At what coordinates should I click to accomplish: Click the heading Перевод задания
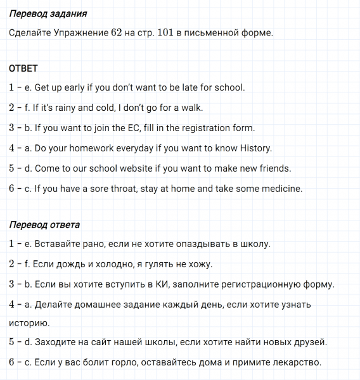(48, 13)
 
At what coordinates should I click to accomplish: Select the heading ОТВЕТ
(24, 68)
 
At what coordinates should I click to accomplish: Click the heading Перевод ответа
(44, 225)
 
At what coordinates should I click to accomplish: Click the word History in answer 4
(255, 148)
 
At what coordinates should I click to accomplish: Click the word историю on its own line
(29, 323)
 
